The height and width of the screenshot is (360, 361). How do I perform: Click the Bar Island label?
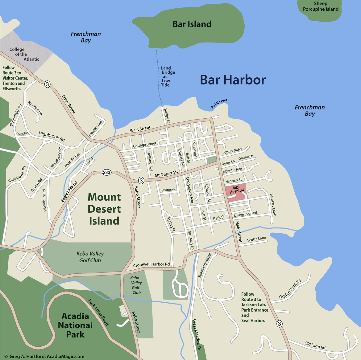pyautogui.click(x=192, y=24)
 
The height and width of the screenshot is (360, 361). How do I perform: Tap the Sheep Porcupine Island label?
pyautogui.click(x=321, y=6)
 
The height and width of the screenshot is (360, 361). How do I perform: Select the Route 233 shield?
pyautogui.click(x=107, y=172)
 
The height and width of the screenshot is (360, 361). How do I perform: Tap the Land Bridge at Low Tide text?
pyautogui.click(x=167, y=76)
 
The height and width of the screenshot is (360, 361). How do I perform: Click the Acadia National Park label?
pyautogui.click(x=75, y=325)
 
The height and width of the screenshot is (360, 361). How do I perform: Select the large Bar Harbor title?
pyautogui.click(x=233, y=80)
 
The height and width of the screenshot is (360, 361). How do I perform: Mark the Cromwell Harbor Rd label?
pyautogui.click(x=151, y=265)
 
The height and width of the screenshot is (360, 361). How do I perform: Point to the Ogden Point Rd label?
pyautogui.click(x=290, y=289)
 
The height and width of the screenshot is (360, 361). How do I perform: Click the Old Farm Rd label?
pyautogui.click(x=315, y=345)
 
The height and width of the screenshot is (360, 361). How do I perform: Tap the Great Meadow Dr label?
pyautogui.click(x=197, y=335)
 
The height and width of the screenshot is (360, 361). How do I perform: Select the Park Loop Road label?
pyautogui.click(x=98, y=312)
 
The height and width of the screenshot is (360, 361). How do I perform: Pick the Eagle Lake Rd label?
pyautogui.click(x=69, y=192)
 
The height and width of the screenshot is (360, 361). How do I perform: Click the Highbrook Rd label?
pyautogui.click(x=52, y=136)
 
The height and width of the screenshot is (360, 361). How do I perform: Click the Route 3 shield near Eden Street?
pyautogui.click(x=47, y=84)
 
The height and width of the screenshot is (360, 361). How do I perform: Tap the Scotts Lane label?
pyautogui.click(x=256, y=239)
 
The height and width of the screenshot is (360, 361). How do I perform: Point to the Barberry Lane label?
pyautogui.click(x=273, y=205)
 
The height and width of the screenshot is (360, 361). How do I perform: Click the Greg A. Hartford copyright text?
pyautogui.click(x=44, y=356)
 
